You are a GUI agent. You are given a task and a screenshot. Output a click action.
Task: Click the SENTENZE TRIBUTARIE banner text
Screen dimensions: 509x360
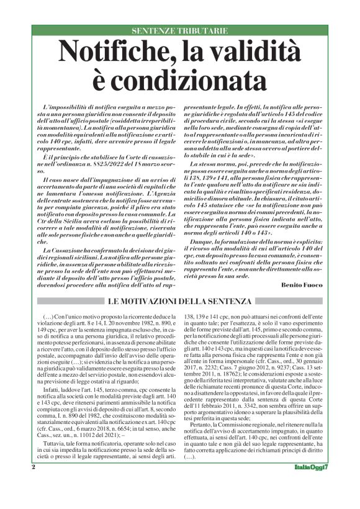[180, 30]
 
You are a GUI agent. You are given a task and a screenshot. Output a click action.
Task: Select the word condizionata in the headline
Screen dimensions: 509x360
[180, 79]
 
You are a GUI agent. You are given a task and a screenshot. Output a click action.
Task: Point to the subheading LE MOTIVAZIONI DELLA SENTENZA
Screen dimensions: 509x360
[181, 301]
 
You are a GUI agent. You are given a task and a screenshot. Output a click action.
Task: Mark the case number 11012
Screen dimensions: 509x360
[88, 420]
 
